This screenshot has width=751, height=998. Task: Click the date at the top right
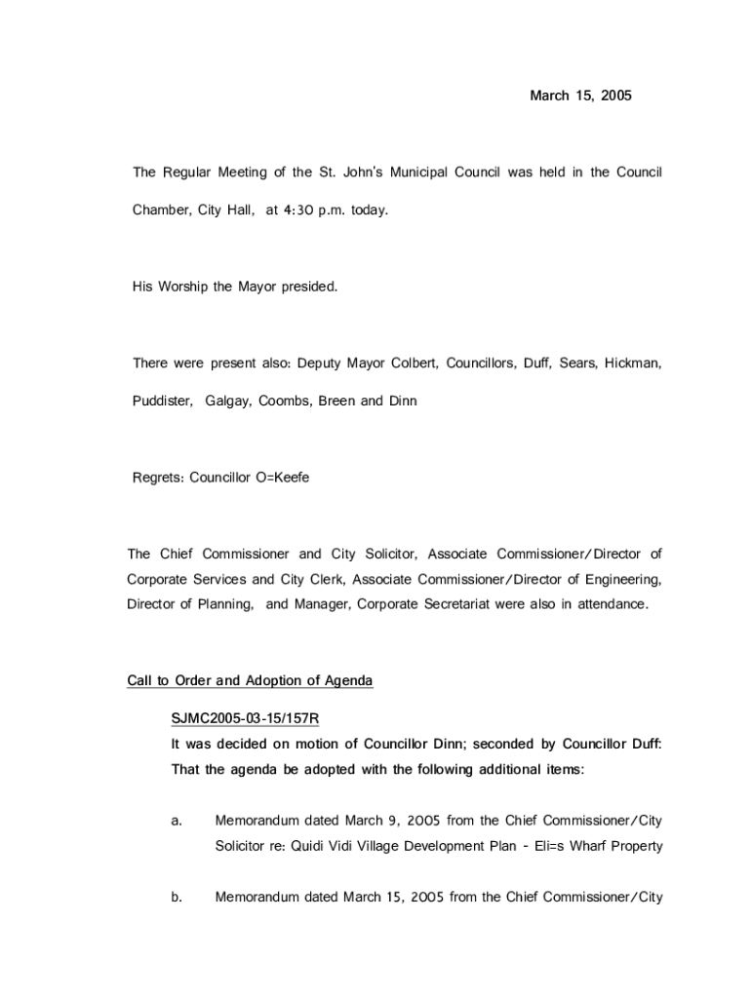click(580, 96)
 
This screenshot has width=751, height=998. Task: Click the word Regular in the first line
click(186, 173)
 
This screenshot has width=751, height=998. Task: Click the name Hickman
click(632, 364)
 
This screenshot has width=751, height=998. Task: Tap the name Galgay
click(227, 401)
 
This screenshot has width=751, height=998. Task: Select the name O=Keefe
click(283, 478)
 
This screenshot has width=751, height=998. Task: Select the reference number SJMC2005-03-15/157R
click(246, 719)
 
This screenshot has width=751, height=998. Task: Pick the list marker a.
click(177, 821)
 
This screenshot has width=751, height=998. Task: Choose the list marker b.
click(177, 897)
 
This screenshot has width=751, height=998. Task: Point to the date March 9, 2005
click(388, 821)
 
